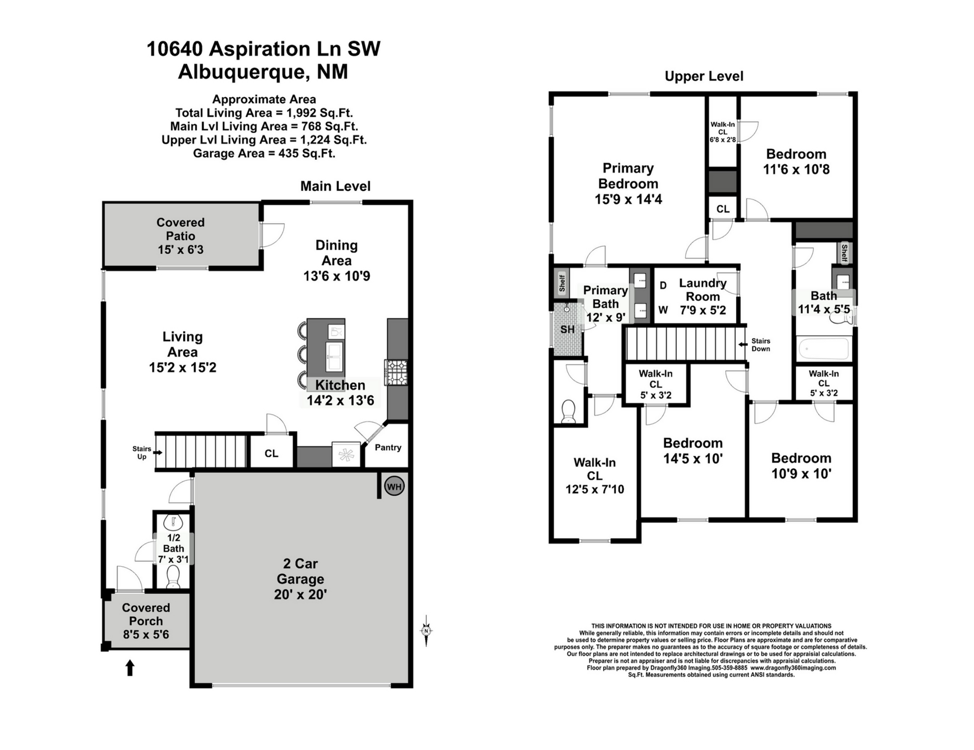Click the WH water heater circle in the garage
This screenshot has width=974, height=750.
(x=394, y=486)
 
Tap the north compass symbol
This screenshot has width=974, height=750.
(x=426, y=630)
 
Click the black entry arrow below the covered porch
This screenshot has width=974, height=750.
(x=130, y=668)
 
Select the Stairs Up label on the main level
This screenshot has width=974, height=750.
(x=142, y=452)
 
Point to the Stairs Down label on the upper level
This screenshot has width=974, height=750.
(x=761, y=345)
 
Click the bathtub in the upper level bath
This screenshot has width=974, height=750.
(x=824, y=349)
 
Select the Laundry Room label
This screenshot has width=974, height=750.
(x=703, y=289)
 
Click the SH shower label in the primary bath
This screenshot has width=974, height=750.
(x=567, y=329)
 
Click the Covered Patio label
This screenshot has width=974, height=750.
(x=181, y=229)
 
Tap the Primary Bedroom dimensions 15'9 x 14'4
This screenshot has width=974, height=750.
(x=628, y=199)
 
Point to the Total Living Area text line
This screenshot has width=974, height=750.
(x=264, y=113)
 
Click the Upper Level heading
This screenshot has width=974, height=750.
(x=704, y=76)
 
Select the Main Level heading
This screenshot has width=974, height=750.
(x=335, y=186)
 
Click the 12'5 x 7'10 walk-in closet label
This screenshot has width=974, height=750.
(x=595, y=489)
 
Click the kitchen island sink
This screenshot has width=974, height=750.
(x=334, y=356)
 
